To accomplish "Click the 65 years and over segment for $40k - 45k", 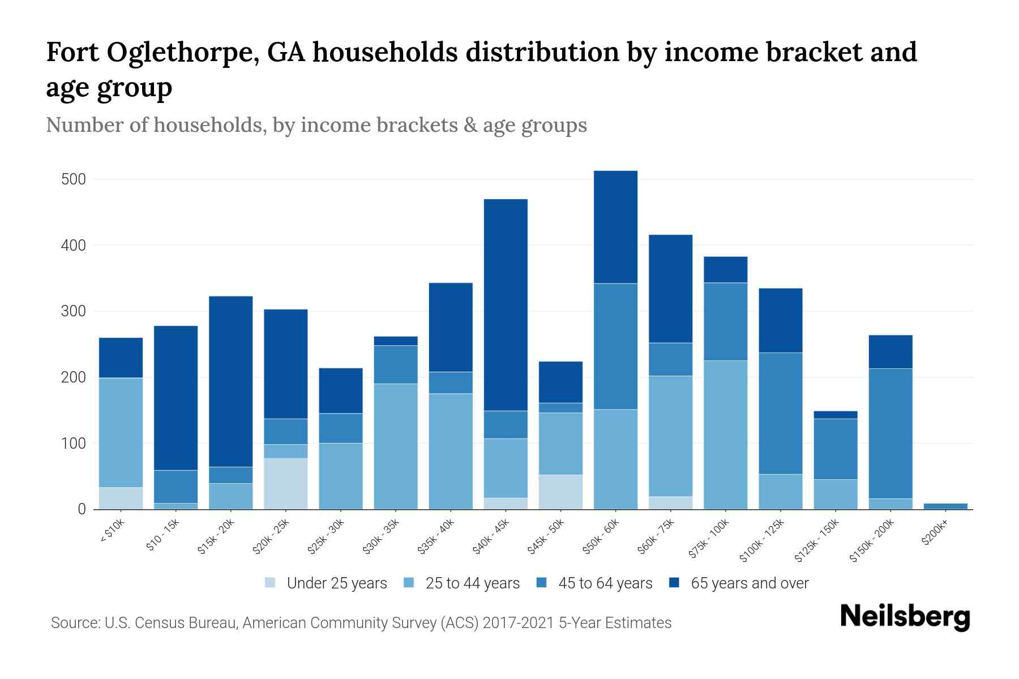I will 506,304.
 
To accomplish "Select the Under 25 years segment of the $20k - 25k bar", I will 286,484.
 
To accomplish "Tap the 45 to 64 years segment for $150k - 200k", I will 890,433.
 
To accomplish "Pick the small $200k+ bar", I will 945,506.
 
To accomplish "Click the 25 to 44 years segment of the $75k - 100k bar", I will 725,435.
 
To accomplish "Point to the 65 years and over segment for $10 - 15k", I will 175,398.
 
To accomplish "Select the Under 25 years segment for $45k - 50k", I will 560,492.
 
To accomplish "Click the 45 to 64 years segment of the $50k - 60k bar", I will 615,346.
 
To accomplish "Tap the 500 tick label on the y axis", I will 73,180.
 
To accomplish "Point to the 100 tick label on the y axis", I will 73,444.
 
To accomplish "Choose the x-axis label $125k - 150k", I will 820,540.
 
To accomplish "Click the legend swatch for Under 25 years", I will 271,583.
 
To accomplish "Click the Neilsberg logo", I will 905,617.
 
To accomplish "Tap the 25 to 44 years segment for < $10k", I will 121,432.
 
